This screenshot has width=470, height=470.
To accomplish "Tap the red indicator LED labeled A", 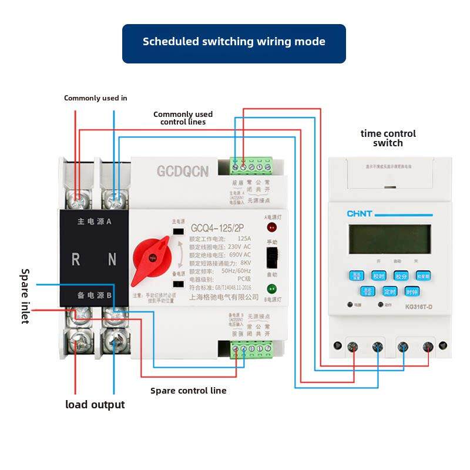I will (272, 227).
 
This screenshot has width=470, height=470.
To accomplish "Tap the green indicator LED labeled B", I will (272, 289).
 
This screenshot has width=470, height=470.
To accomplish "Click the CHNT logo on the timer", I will (360, 214).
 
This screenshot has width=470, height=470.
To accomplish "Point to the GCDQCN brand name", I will (182, 172).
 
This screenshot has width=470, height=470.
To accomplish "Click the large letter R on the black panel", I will (76, 259).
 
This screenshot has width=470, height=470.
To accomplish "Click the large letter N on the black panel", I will (112, 259).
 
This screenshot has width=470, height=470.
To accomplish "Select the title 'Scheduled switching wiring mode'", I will (234, 42).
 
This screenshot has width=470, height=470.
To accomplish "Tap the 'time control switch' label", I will (388, 138).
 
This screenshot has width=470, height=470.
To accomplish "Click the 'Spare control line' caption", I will (188, 391).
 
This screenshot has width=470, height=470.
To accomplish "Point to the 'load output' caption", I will (95, 405).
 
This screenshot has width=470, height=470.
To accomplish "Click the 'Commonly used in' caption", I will (95, 98).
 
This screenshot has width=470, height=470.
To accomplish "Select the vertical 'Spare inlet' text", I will (25, 297).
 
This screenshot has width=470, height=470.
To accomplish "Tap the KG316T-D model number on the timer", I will (419, 306).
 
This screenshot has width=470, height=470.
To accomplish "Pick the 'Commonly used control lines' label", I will (183, 118).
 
